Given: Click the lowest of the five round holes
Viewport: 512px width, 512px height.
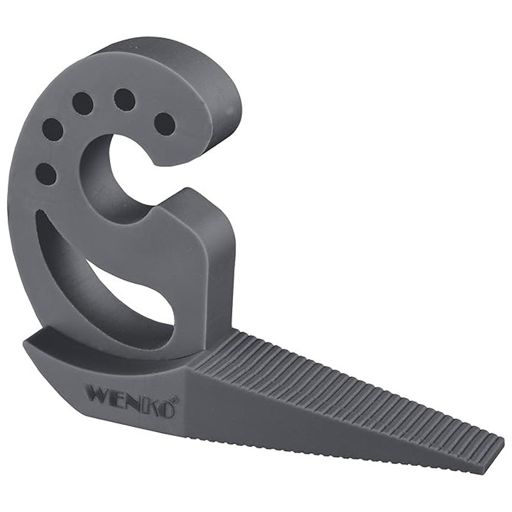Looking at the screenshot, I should coord(45,173).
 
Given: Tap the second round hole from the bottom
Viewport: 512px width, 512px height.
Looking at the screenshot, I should coord(52,130).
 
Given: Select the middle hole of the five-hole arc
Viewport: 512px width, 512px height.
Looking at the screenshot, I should coord(83,103).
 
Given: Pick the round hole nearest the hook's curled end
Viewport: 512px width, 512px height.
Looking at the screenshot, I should coord(164,124).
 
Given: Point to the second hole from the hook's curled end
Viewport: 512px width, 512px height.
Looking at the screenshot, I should coord(124,100).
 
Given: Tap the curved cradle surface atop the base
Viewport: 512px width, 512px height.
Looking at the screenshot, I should coord(96,349).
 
